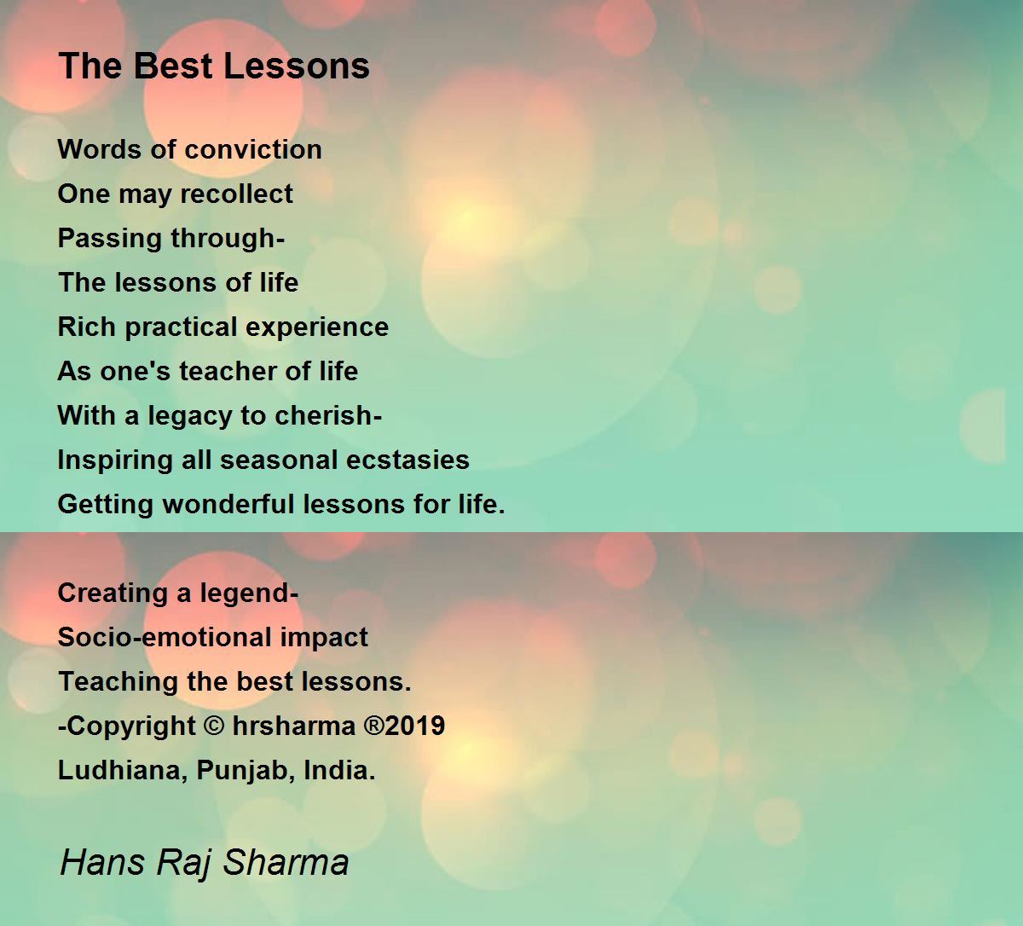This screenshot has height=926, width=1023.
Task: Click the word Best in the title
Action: click(173, 66)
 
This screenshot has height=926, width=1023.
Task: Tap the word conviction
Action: click(253, 149)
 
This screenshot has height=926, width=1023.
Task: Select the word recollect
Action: click(236, 194)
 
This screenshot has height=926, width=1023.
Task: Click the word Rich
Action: click(87, 327)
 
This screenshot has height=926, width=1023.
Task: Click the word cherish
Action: click(323, 415)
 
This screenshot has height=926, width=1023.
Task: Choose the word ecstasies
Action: click(408, 460)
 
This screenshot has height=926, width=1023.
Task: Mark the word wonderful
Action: click(228, 504)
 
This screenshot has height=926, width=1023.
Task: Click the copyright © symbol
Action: click(214, 726)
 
